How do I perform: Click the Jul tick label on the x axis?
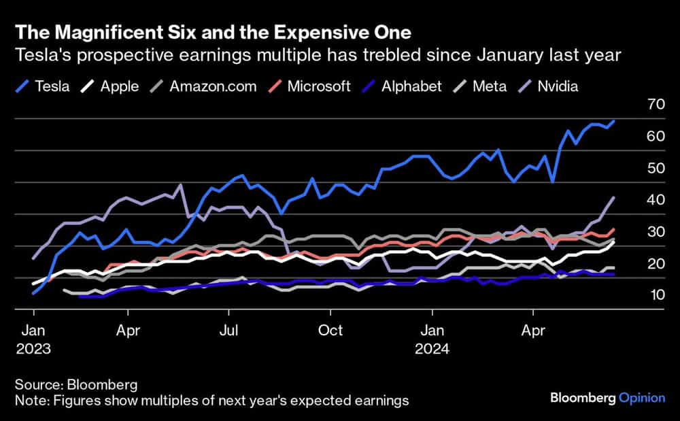[229, 331]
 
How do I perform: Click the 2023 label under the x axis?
[33, 350]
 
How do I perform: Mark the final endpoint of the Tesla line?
[614, 121]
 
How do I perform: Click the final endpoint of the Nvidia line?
[614, 197]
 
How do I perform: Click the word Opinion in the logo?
[642, 398]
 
